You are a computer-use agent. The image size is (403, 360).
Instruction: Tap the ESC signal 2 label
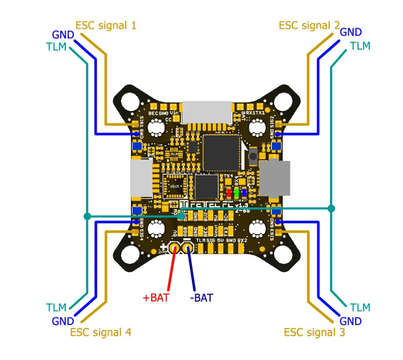click(x=309, y=25)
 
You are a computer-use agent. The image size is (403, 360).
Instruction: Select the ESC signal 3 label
click(x=314, y=332)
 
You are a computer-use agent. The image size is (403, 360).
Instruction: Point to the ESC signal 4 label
click(x=101, y=332)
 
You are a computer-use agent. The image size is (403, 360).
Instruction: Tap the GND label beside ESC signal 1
click(x=63, y=35)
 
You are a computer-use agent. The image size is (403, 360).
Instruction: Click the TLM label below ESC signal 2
click(x=360, y=46)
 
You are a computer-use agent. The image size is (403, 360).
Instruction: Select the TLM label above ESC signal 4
click(x=56, y=308)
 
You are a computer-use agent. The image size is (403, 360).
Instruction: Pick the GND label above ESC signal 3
click(x=350, y=321)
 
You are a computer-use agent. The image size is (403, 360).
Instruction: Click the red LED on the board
click(x=229, y=193)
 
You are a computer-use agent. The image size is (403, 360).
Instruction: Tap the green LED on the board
click(x=237, y=193)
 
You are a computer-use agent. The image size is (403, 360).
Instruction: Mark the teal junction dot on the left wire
click(x=87, y=216)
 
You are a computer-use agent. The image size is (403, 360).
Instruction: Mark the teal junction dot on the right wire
click(x=331, y=208)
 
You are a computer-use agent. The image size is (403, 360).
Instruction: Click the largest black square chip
click(x=221, y=152)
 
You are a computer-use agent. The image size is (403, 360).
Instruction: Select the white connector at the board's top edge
click(x=207, y=112)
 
